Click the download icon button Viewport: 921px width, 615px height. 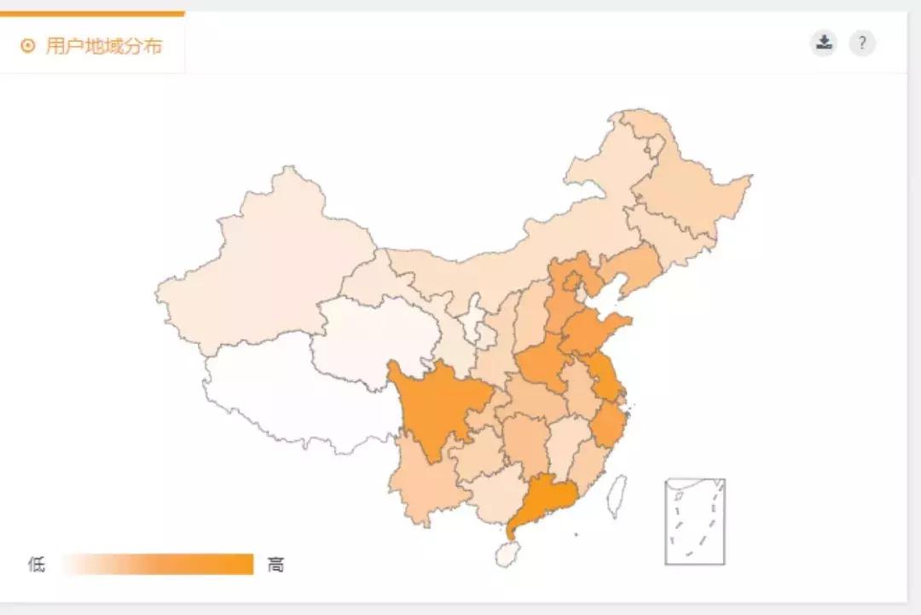pos(824,43)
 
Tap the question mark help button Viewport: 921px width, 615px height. pos(862,43)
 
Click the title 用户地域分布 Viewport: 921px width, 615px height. pos(103,46)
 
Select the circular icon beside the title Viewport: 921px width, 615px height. pos(28,46)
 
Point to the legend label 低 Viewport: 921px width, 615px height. pos(37,564)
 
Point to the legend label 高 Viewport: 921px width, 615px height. pos(275,564)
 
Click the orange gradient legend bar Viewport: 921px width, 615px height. pos(158,564)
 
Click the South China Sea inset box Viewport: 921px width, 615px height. pos(695,521)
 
